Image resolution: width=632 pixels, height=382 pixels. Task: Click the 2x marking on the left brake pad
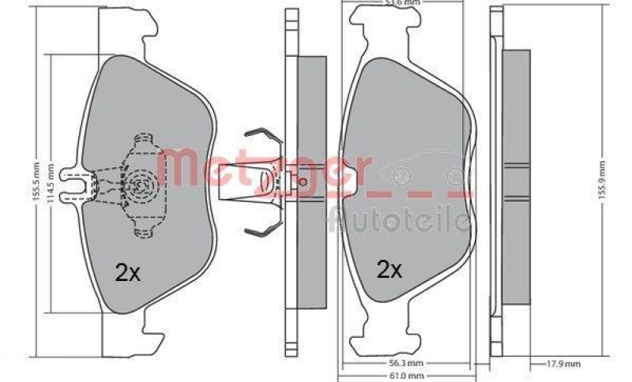pyautogui.click(x=127, y=272)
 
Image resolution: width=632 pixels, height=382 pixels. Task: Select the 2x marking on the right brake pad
pyautogui.click(x=389, y=270)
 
